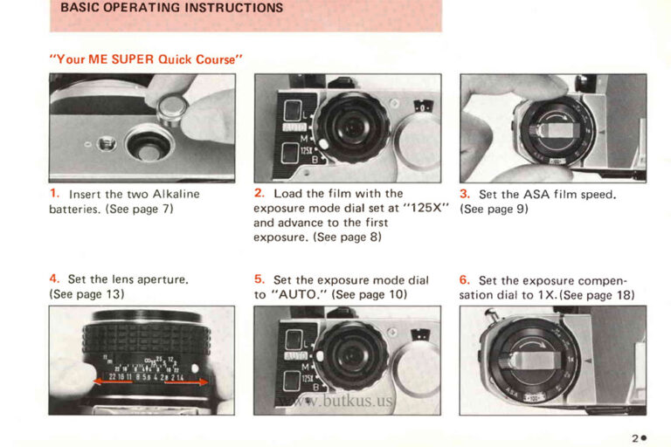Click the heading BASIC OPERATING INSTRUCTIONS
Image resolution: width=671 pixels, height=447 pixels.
point(171,8)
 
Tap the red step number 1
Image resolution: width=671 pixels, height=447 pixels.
point(54,193)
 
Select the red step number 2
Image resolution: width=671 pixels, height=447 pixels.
point(259,193)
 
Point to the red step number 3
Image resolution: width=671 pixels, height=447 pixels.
point(465,194)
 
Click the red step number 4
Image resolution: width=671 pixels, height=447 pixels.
point(54,279)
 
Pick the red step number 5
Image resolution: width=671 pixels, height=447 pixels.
point(259,279)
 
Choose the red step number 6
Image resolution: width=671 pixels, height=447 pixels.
point(465,280)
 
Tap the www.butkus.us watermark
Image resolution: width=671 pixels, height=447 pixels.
point(335,402)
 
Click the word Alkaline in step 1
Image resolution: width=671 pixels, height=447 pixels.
point(176,194)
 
